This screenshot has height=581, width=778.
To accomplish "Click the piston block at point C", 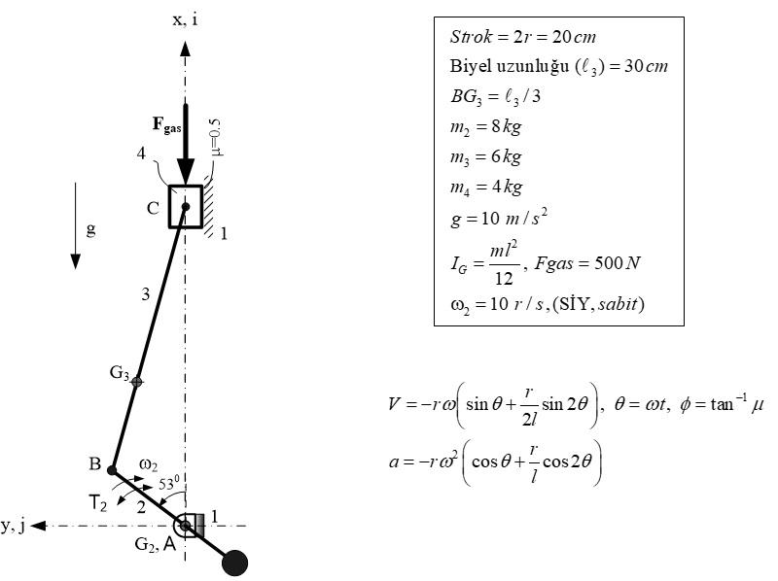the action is coord(185,206).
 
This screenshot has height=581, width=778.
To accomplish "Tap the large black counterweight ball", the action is coord(235,563).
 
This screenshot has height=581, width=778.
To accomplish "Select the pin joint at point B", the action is coord(113,470).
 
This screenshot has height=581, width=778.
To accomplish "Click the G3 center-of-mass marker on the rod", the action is coord(137,382).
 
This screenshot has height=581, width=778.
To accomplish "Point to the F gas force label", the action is coord(166,124).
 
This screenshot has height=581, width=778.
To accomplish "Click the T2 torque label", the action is coord(98,502).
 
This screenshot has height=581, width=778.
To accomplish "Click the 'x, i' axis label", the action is coord(185,18).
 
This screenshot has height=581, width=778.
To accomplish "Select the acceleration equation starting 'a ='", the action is coord(496,461).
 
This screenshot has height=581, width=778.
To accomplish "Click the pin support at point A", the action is coord(185,526).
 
